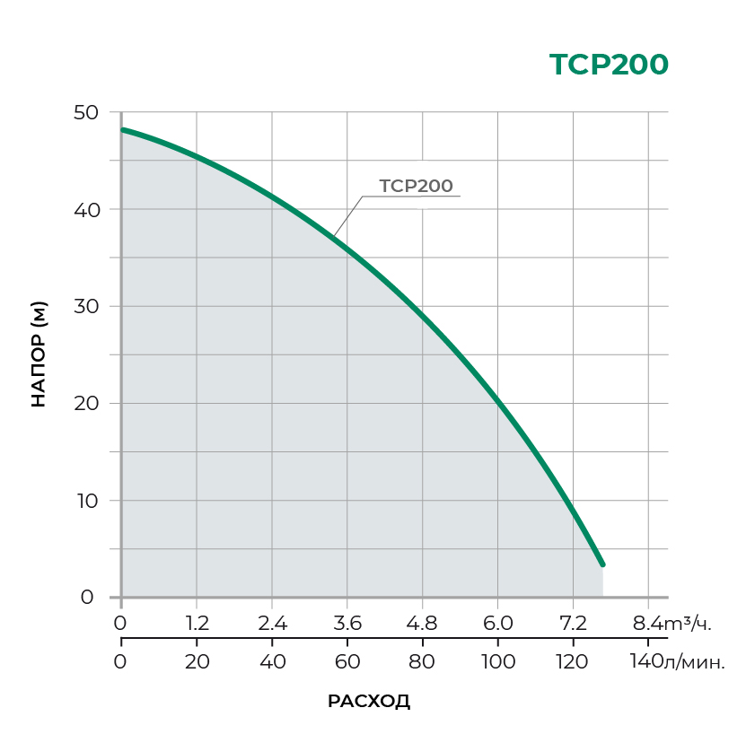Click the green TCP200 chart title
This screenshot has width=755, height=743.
(x=609, y=66)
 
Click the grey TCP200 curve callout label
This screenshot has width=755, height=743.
(x=416, y=186)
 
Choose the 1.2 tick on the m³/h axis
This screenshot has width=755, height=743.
(x=197, y=623)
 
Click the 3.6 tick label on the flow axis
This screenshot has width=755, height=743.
(x=347, y=623)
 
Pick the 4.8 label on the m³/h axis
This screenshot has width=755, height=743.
(x=422, y=623)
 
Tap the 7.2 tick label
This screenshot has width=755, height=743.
(x=573, y=623)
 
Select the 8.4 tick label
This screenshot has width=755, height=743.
(x=646, y=623)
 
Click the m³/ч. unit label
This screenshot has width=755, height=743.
(x=692, y=623)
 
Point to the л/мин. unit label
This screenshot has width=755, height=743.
(x=694, y=663)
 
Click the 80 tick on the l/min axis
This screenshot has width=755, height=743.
(x=422, y=662)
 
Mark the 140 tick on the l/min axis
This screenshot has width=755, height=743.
(x=646, y=662)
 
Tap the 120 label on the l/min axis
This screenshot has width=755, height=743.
(x=573, y=662)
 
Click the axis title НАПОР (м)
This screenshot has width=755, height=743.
(x=39, y=354)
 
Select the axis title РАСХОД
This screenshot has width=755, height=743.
(x=369, y=702)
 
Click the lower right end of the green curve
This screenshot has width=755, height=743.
(x=602, y=564)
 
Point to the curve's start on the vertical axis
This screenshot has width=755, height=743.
(x=123, y=129)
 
